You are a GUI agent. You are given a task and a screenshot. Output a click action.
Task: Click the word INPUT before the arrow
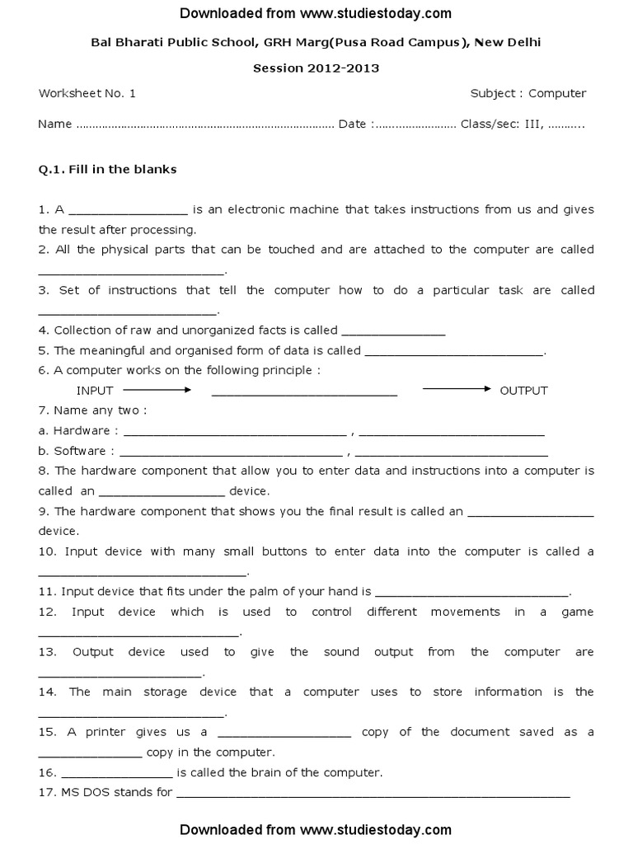click(x=95, y=391)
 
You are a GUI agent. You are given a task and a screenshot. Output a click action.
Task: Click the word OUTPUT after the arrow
click(x=523, y=391)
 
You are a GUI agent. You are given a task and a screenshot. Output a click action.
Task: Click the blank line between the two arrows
click(x=304, y=394)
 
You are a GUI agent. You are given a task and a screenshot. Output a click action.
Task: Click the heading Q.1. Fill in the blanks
click(x=108, y=170)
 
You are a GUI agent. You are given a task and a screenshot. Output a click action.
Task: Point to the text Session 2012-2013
click(x=316, y=68)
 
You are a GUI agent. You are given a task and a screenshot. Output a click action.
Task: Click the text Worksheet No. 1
click(x=87, y=93)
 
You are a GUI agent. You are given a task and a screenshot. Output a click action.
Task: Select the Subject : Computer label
click(x=528, y=93)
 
